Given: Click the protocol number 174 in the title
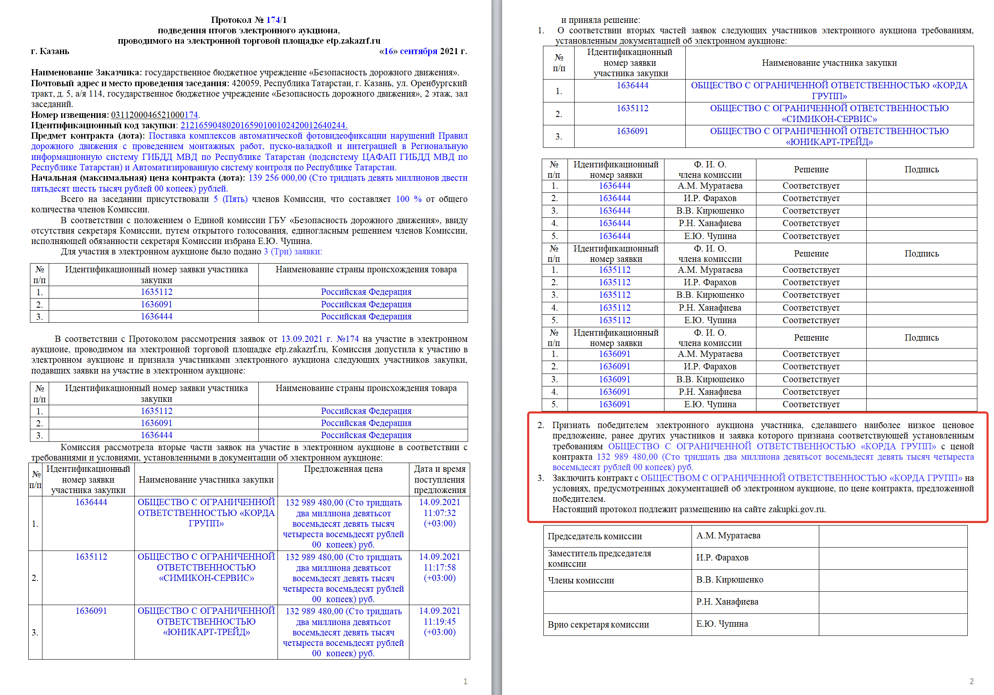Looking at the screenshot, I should coord(273,20).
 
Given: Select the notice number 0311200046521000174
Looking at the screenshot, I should coord(154,115).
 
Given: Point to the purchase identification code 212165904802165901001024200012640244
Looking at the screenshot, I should coord(263,125).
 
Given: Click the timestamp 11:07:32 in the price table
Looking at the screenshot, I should coord(439,513).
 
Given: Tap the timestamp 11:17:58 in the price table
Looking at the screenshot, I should coord(439,568).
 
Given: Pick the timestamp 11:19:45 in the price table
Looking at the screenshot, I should coord(439,622).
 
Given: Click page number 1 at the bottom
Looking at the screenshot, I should coord(466,682).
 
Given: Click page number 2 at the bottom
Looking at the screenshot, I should coord(972,682).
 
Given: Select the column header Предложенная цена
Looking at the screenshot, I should coord(343,469).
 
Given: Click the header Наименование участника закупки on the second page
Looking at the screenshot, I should coord(829,63).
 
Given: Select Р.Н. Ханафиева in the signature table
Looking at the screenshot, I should coord(727,602).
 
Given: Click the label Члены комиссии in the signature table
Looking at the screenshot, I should coord(580,580).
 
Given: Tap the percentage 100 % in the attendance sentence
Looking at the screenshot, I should coord(408,199).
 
